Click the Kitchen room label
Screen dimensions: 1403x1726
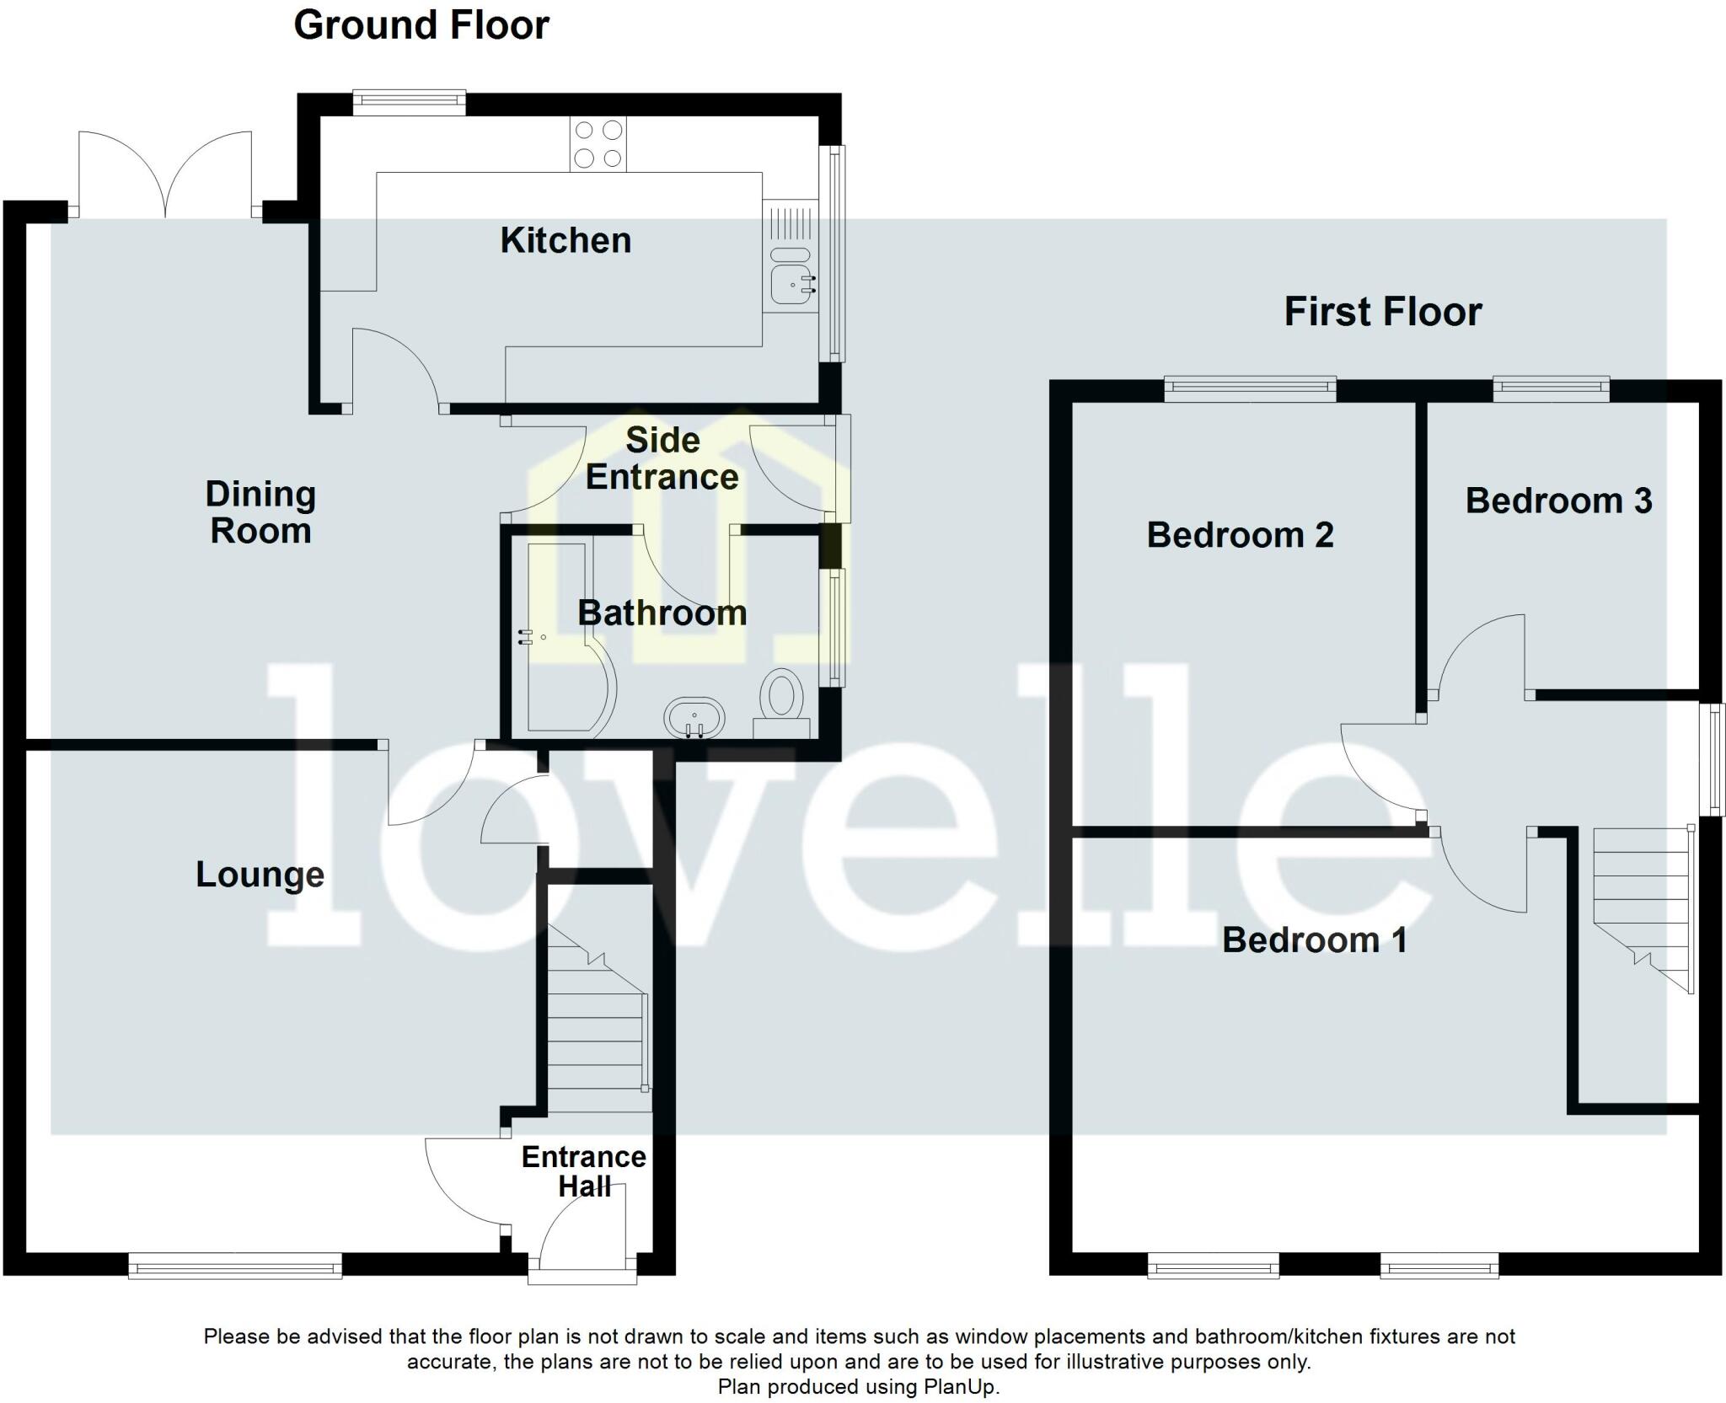[x=566, y=241]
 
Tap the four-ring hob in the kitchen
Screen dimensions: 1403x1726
[x=598, y=143]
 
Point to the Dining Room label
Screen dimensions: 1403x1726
[x=260, y=512]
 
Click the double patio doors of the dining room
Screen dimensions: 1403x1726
[x=165, y=177]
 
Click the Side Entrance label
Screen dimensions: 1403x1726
[x=662, y=459]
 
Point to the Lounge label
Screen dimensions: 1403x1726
[x=260, y=875]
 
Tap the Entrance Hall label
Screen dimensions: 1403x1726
[x=583, y=1171]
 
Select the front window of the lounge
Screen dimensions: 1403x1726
[x=235, y=1265]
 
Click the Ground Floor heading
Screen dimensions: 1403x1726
[x=421, y=25]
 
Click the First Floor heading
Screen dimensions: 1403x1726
[x=1382, y=312]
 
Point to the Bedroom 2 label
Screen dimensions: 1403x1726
[x=1240, y=535]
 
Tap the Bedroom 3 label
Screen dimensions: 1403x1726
[x=1558, y=501]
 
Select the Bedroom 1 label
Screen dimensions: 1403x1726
[x=1314, y=940]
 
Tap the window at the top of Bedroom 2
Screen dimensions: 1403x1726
[x=1250, y=388]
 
